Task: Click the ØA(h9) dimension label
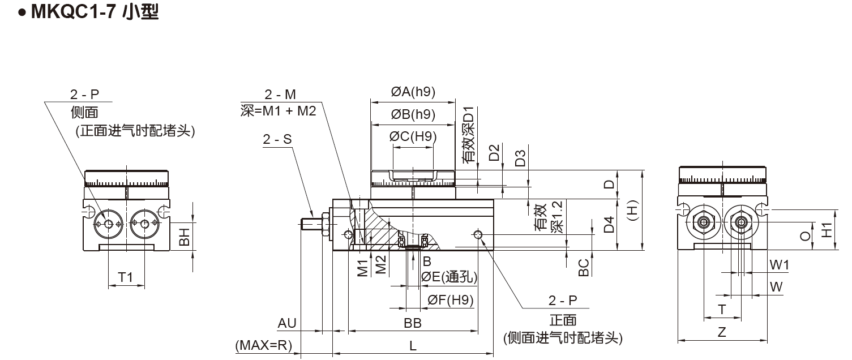click(x=413, y=92)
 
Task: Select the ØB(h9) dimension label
click(x=413, y=114)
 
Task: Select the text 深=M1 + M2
click(x=278, y=111)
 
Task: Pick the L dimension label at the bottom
click(x=413, y=345)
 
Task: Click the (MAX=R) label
click(x=263, y=345)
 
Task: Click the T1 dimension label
click(x=125, y=277)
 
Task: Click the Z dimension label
click(x=722, y=332)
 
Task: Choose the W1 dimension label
click(x=779, y=265)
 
